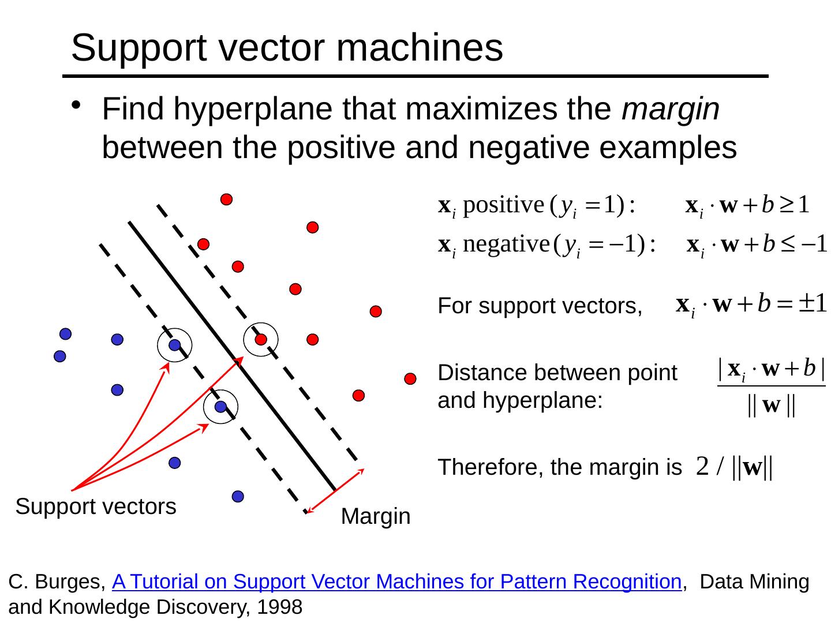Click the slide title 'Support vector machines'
coord(287,48)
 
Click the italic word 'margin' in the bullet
coord(671,109)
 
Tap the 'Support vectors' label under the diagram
coord(96,506)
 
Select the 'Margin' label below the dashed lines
coord(376,517)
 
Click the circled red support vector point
coord(261,339)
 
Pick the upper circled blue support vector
coord(175,345)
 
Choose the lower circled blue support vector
coord(220,407)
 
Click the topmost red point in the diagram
coord(226,199)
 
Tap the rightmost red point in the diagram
coord(410,379)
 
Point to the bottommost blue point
coord(238,496)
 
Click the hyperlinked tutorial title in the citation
coord(397,582)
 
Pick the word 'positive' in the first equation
coord(500,205)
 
